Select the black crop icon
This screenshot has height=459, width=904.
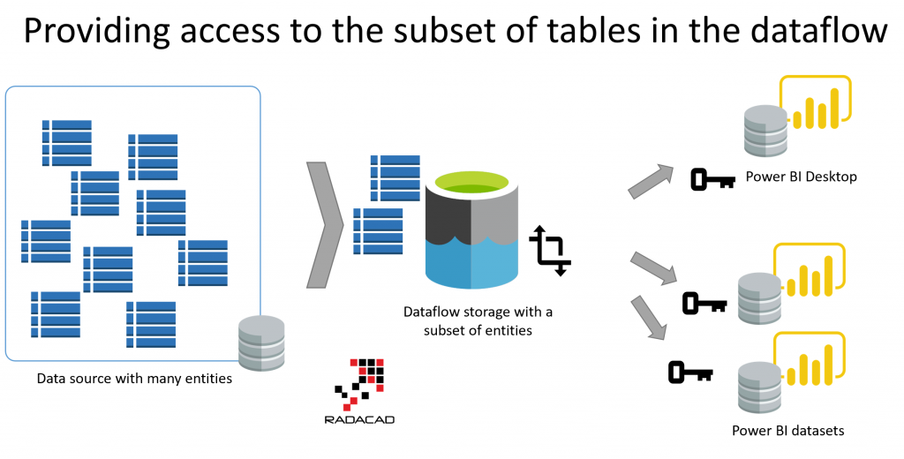550,250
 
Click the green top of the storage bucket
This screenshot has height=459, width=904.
471,185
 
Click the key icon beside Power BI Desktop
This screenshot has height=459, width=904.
712,179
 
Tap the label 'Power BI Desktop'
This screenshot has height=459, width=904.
801,177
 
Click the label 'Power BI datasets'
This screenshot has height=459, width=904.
788,431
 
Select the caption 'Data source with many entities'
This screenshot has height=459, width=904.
134,379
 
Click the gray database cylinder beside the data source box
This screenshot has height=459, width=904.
261,342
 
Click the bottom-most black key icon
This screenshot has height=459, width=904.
690,372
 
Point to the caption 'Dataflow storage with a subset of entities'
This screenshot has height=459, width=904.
478,320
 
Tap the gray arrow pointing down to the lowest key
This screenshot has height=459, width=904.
649,319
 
